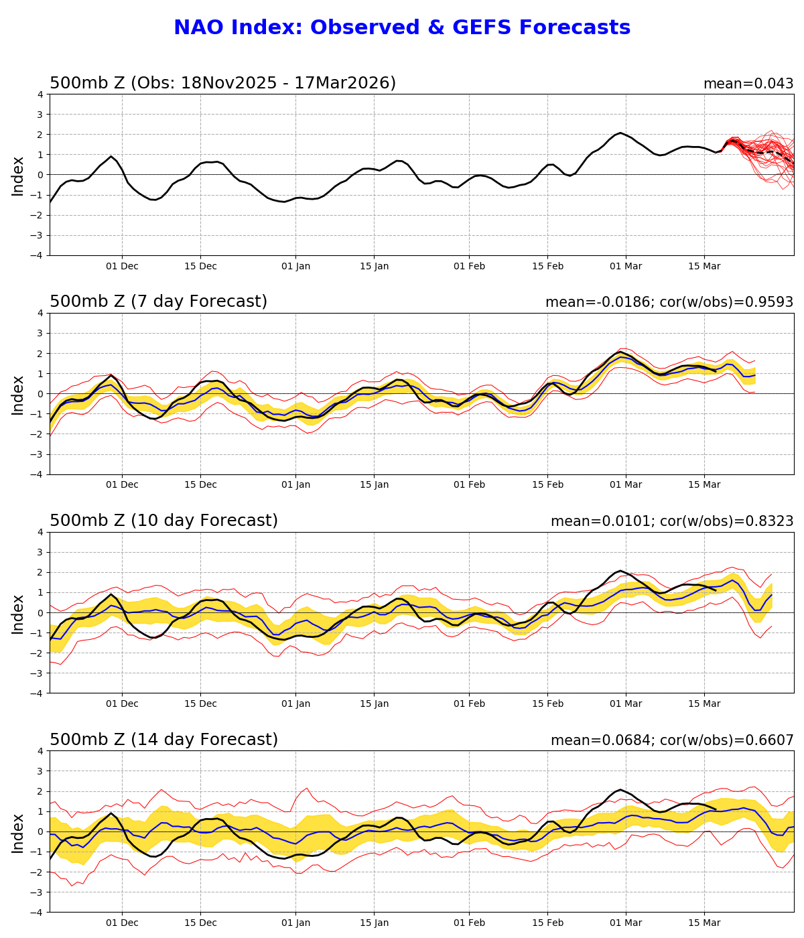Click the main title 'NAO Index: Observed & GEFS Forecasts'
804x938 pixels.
pos(402,28)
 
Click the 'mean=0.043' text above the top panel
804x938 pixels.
pos(748,84)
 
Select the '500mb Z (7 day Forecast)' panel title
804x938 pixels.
pos(158,302)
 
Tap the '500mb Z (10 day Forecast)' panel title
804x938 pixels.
pos(163,521)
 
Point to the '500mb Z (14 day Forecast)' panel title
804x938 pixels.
pos(163,740)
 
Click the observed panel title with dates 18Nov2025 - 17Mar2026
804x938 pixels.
pos(222,83)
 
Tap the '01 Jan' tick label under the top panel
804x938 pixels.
pos(295,267)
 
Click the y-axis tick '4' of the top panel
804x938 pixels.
pos(41,94)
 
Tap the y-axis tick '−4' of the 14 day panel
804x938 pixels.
pos(38,913)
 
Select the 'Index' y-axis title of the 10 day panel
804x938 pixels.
pos(18,613)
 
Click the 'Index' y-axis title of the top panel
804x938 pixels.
pos(18,176)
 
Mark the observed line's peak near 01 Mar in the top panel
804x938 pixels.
pos(620,133)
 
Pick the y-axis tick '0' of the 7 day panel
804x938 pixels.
pos(41,394)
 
